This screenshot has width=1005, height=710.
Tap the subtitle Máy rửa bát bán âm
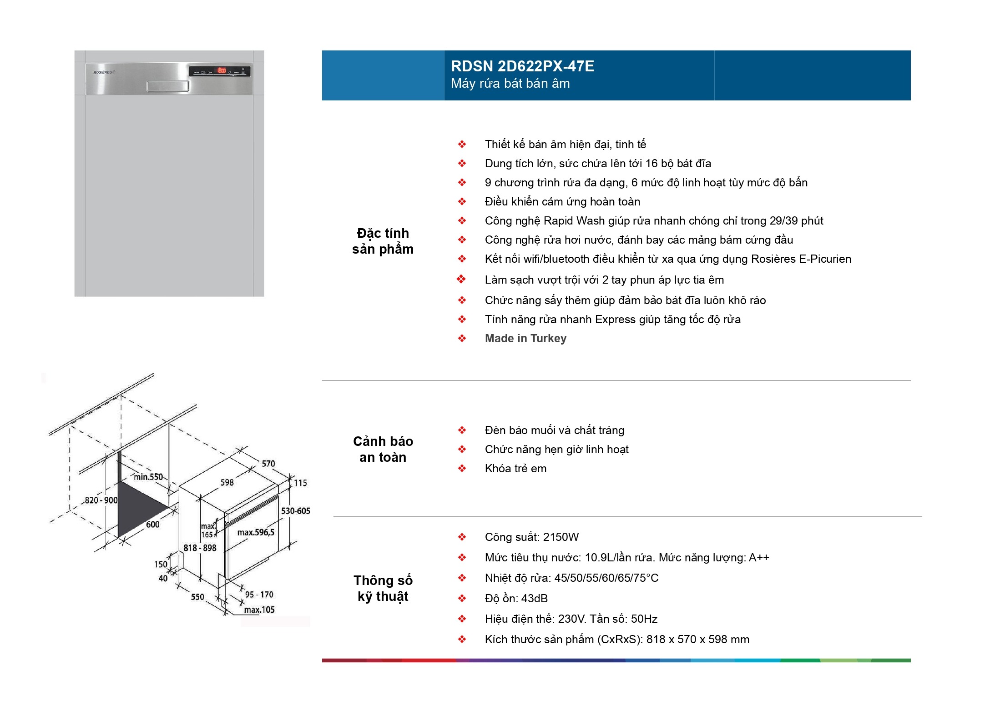pos(510,84)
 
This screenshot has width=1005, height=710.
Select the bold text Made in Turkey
pos(525,339)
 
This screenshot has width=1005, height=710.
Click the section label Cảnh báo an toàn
pos(383,449)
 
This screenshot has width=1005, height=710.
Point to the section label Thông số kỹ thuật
pos(383,588)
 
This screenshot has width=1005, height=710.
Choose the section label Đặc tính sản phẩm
pos(383,241)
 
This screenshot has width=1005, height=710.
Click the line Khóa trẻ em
pos(515,469)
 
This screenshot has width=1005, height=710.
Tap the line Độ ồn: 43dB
pos(516,599)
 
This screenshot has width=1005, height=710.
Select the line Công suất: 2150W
pos(531,537)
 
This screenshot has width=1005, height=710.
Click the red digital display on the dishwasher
pos(222,70)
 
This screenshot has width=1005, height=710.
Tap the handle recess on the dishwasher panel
pos(167,86)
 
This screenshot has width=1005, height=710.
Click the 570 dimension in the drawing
pos(268,464)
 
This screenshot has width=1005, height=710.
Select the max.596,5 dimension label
pos(256,532)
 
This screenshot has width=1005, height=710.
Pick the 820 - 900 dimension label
pos(101,500)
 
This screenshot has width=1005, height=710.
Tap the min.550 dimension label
pos(148,477)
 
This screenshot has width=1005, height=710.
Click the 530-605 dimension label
pos(295,511)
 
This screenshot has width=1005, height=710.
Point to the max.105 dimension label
pos(259,610)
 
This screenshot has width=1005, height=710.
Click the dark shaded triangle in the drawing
pos(136,507)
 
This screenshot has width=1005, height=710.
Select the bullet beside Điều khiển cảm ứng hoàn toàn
pos(462,202)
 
